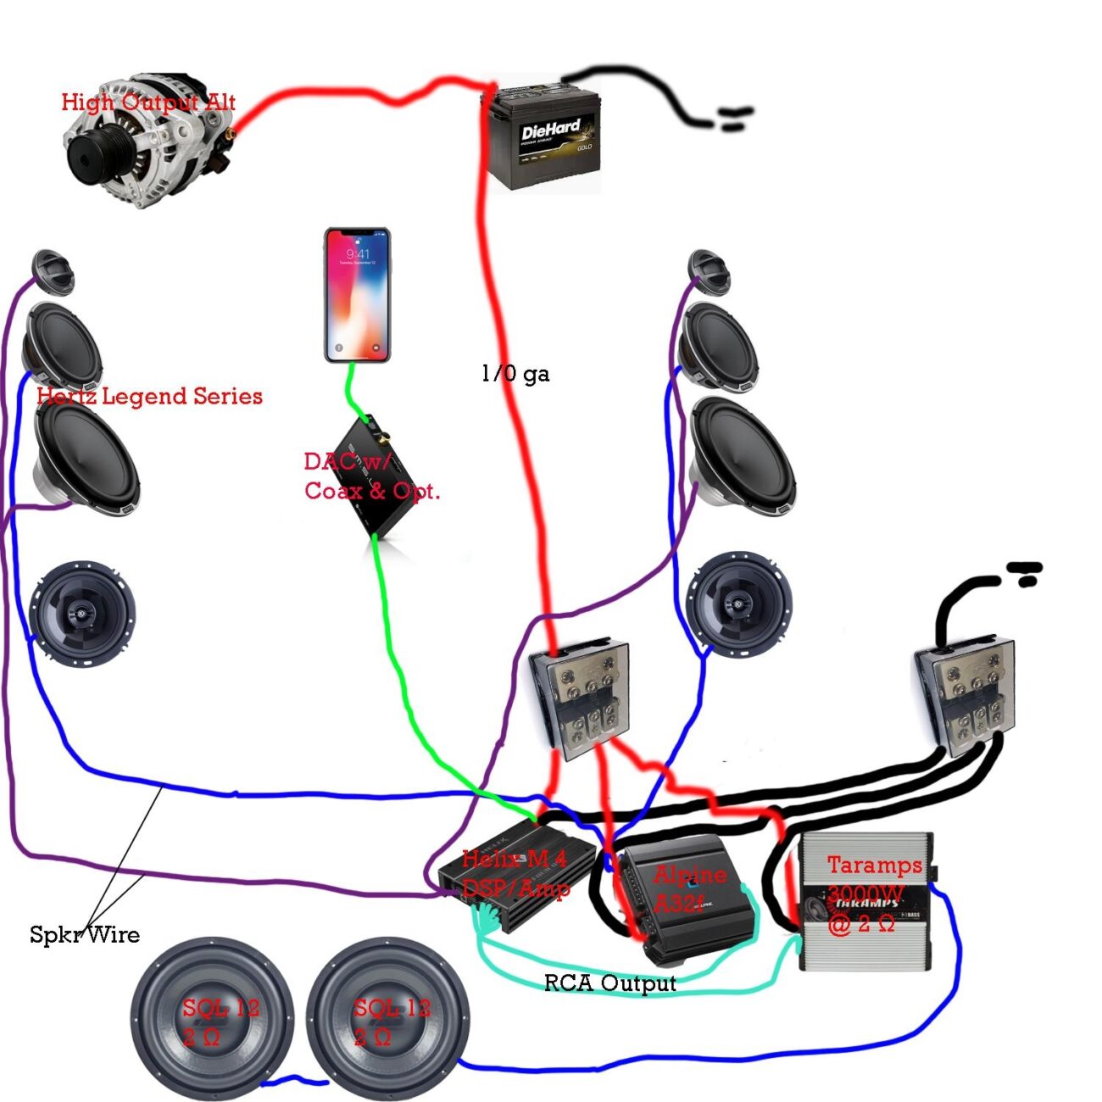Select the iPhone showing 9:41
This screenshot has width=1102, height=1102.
[x=357, y=294]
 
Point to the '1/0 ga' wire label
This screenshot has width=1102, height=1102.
[x=515, y=373]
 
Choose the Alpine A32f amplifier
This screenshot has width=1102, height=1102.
[x=687, y=899]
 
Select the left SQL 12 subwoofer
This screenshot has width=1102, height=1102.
[x=212, y=1017]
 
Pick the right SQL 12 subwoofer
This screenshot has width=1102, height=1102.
[x=387, y=1017]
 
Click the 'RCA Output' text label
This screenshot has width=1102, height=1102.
[x=609, y=983]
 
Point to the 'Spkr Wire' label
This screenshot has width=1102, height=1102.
[x=84, y=934]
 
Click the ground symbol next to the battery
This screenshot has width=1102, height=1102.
[x=734, y=119]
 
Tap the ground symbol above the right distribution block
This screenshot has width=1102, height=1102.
[x=1025, y=574]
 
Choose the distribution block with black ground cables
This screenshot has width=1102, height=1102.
[x=966, y=691]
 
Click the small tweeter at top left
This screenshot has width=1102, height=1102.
[x=54, y=270]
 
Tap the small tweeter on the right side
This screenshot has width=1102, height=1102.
[x=709, y=270]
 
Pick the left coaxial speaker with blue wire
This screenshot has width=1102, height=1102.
[x=82, y=612]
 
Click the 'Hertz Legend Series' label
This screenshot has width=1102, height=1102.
[x=149, y=396]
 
